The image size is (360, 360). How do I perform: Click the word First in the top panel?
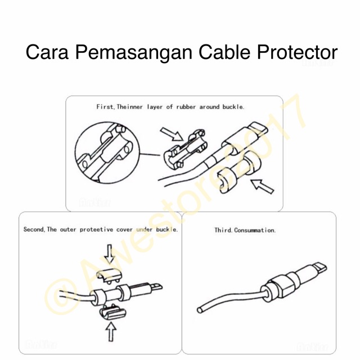coord(105,106)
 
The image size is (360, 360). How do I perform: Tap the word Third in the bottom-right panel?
coord(223,231)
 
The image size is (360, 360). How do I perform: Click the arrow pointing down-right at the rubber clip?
coord(171,134)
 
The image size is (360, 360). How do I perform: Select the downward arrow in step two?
coord(109,254)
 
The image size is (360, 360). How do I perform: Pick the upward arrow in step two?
coord(110,332)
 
